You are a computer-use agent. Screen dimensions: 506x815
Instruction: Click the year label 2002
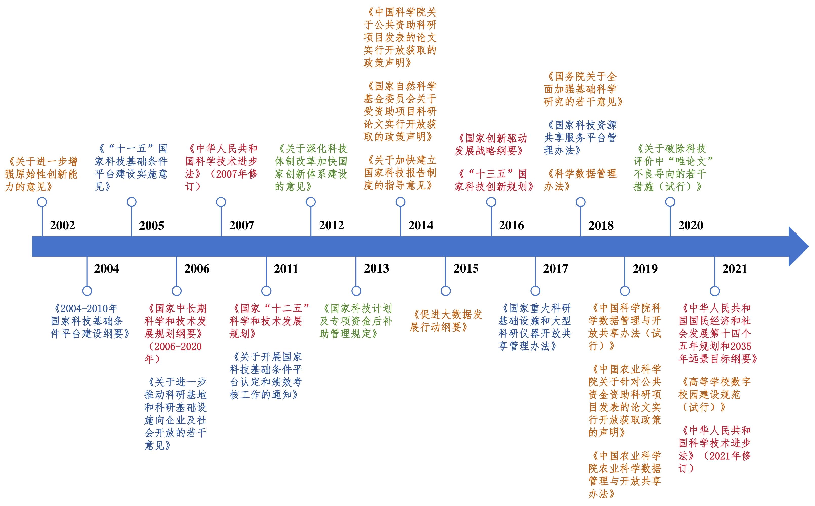[63, 225]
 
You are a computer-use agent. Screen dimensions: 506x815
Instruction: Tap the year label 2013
[377, 268]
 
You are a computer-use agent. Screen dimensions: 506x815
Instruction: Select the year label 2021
[735, 269]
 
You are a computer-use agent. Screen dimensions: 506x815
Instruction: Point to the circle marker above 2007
[221, 202]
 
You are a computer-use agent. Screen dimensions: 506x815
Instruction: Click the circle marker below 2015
[445, 291]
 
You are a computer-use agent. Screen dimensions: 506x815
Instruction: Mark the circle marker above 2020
[670, 202]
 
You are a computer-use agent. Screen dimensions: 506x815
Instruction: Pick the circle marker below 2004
[87, 291]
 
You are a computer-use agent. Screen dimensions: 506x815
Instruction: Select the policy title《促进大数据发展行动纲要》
[445, 321]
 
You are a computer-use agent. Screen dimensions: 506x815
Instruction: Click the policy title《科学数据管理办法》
[580, 180]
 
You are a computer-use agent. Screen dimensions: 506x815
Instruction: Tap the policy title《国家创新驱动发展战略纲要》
[491, 145]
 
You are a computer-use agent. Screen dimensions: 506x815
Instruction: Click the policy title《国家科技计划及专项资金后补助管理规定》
[356, 321]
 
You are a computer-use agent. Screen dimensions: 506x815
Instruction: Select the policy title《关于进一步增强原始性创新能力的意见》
[41, 174]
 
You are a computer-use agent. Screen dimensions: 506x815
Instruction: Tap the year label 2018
[601, 225]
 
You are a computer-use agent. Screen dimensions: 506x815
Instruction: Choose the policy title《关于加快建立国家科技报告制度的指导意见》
[400, 173]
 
